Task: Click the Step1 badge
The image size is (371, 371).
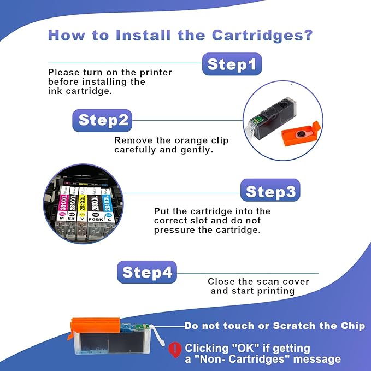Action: click(x=232, y=64)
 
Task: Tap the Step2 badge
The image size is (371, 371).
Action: click(x=103, y=120)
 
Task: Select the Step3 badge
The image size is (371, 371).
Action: click(x=270, y=192)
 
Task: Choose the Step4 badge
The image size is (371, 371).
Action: click(x=147, y=272)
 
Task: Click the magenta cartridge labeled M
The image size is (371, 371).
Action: click(x=63, y=208)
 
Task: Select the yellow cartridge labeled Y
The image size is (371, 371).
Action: click(x=83, y=210)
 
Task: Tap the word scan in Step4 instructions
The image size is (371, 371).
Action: click(x=267, y=281)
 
